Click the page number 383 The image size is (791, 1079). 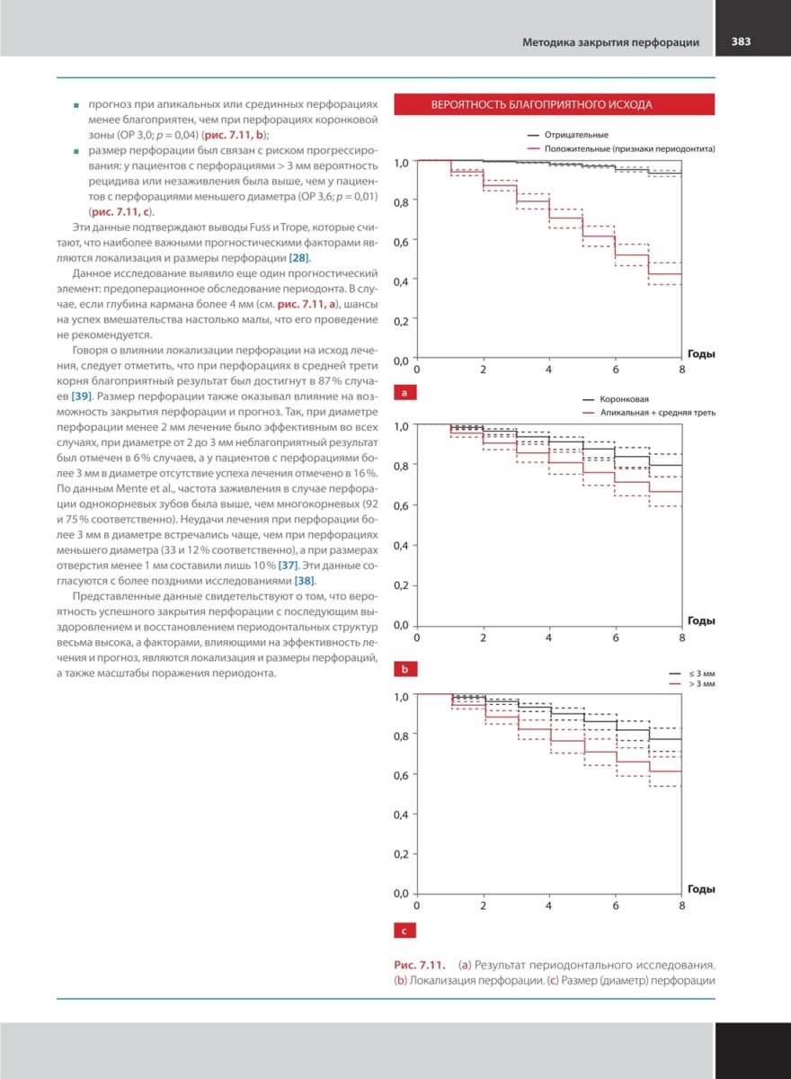point(742,41)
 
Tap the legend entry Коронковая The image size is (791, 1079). point(626,398)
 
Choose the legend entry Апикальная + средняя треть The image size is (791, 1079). point(658,412)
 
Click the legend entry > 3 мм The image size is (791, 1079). point(701,684)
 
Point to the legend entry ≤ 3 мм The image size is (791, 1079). point(701,673)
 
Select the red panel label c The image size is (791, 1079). point(405,931)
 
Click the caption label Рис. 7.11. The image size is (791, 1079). point(422,965)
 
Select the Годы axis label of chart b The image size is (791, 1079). point(701,620)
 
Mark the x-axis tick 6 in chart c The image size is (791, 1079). point(616,905)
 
